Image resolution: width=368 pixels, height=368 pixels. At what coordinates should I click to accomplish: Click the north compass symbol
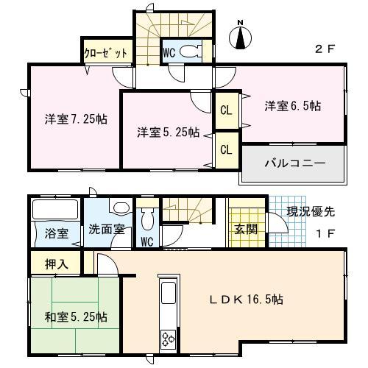pyautogui.click(x=242, y=35)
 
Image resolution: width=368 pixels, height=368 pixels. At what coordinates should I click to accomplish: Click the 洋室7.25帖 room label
pyautogui.click(x=74, y=118)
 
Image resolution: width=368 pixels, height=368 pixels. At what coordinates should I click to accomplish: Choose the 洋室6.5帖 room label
pyautogui.click(x=293, y=105)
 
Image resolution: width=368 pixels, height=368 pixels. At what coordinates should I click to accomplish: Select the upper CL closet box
pyautogui.click(x=227, y=110)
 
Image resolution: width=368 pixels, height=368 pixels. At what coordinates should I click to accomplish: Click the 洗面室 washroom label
pyautogui.click(x=107, y=229)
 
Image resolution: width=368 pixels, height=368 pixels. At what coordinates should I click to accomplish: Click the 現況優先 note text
pyautogui.click(x=310, y=212)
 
